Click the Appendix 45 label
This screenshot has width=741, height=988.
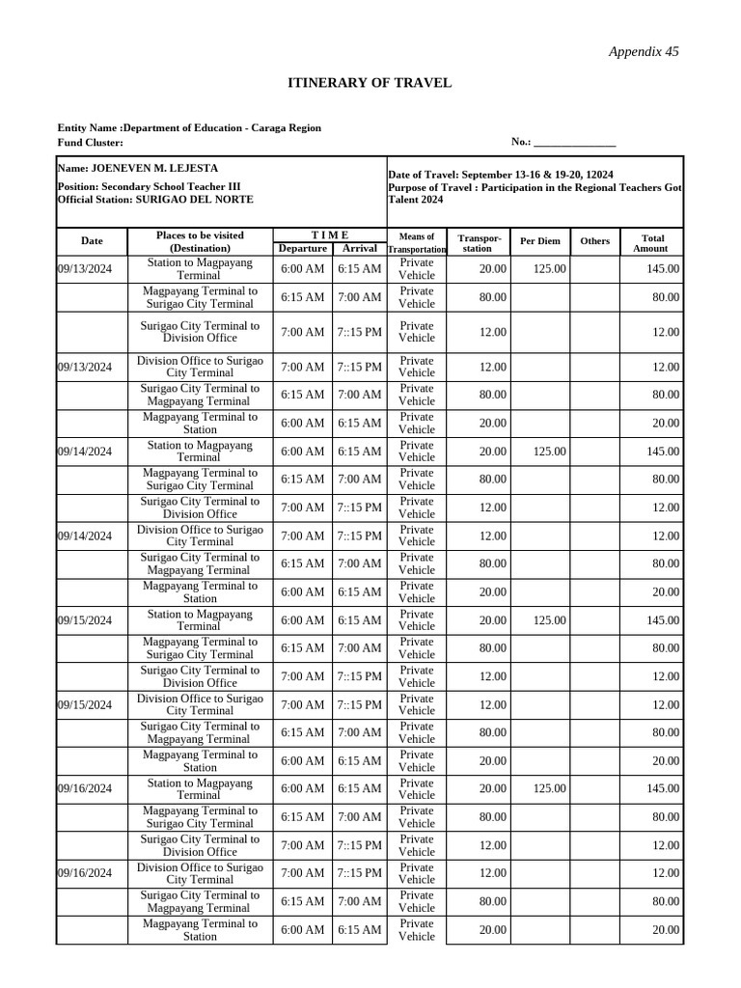click(643, 52)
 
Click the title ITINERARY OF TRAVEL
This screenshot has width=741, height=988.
click(370, 83)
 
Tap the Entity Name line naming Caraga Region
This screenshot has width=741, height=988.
click(189, 127)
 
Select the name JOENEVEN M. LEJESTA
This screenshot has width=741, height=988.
click(138, 168)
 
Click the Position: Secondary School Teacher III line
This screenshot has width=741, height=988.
click(150, 186)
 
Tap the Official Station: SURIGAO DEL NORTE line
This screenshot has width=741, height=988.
click(155, 199)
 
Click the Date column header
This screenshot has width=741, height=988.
click(92, 241)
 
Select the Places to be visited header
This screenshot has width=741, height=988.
click(200, 241)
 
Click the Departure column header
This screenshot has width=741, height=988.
click(302, 248)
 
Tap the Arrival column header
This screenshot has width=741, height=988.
click(359, 248)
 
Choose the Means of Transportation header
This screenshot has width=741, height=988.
click(417, 242)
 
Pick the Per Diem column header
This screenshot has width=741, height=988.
click(540, 241)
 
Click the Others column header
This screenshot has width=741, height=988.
click(594, 241)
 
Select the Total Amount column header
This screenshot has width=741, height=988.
click(650, 242)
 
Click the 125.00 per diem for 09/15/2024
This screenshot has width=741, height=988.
click(549, 620)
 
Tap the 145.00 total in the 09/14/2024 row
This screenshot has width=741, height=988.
click(663, 452)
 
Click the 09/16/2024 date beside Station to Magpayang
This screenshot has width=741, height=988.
click(85, 789)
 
